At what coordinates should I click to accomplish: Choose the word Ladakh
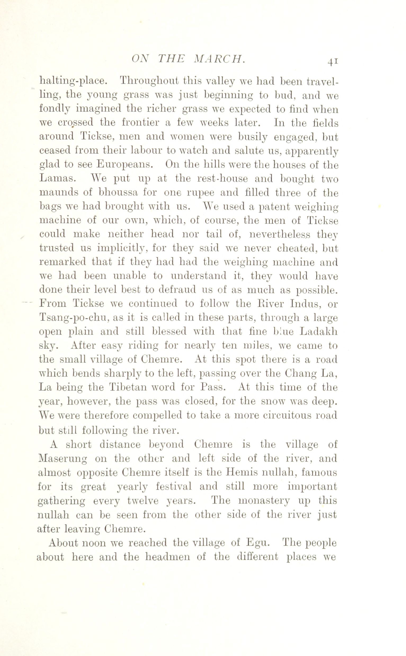[x=318, y=332]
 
